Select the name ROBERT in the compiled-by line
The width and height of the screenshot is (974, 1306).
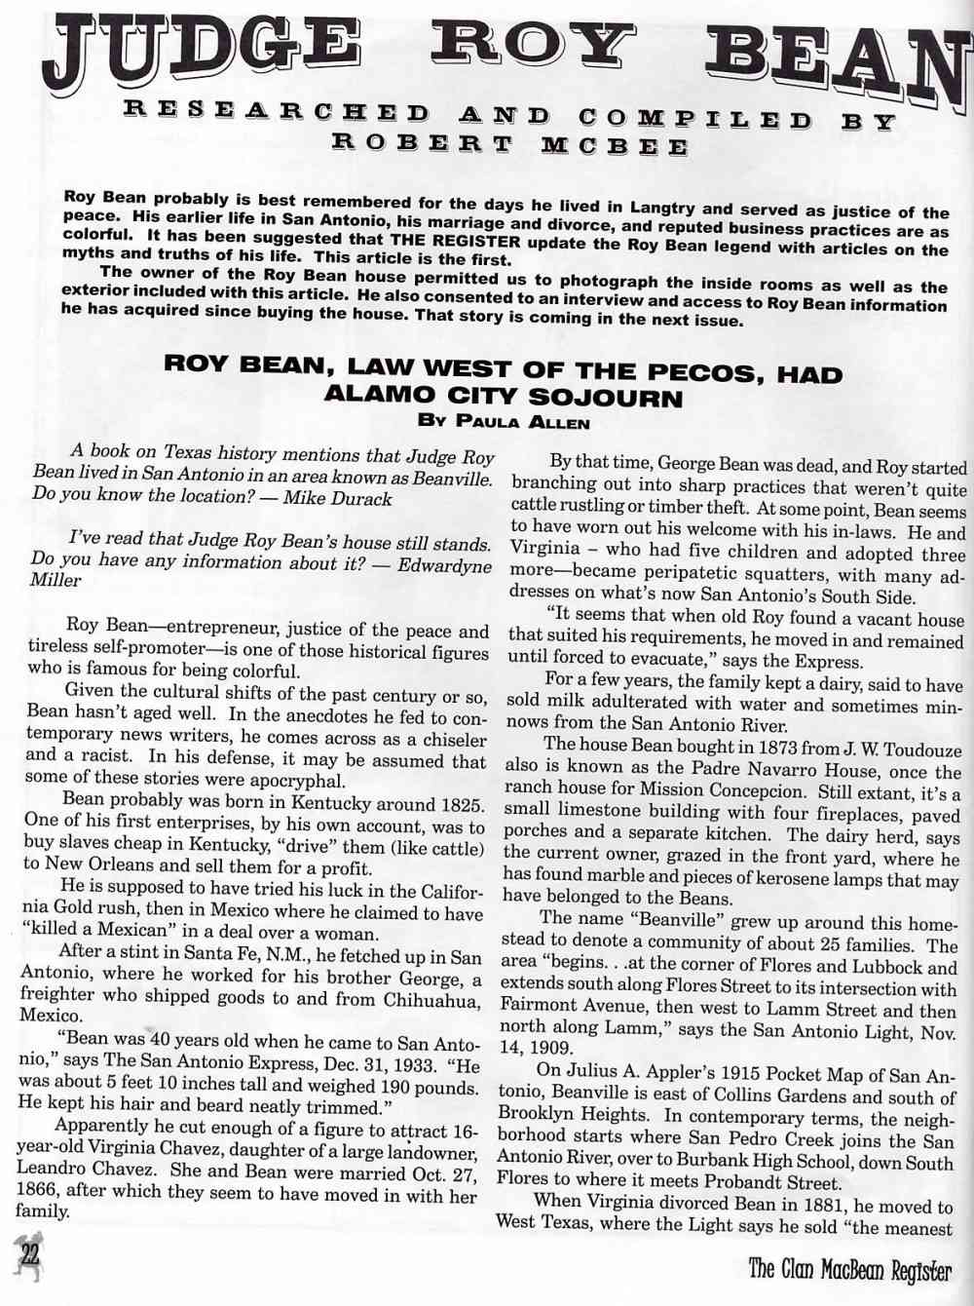tap(422, 143)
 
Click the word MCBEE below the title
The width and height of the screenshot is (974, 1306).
tap(615, 146)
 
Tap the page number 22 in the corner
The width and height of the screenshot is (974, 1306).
tap(30, 1255)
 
